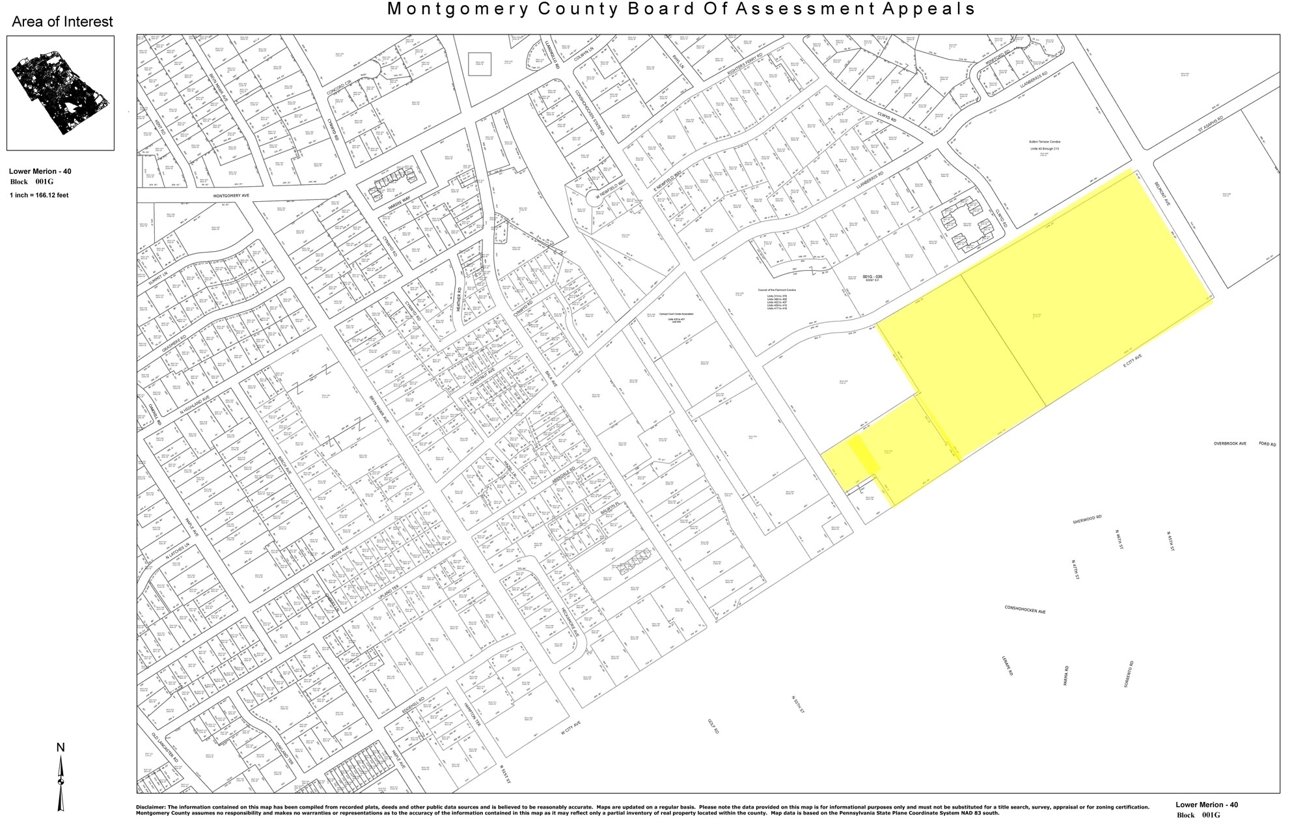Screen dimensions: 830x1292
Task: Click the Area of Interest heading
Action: [x=62, y=22]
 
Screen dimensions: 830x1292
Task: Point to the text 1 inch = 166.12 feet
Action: [x=39, y=195]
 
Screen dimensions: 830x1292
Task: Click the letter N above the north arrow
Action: [x=61, y=747]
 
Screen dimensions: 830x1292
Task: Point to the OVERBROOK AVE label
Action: [x=1230, y=444]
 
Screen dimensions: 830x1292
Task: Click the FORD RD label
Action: [x=1267, y=444]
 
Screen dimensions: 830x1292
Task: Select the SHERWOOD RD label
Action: [x=1087, y=519]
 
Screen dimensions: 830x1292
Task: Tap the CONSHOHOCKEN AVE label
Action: [x=1025, y=610]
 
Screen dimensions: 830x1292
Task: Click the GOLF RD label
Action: [x=713, y=726]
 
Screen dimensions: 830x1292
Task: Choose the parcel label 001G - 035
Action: [x=872, y=277]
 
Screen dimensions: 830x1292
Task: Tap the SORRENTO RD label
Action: [x=1129, y=674]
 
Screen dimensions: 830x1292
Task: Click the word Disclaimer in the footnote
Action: [x=151, y=807]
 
